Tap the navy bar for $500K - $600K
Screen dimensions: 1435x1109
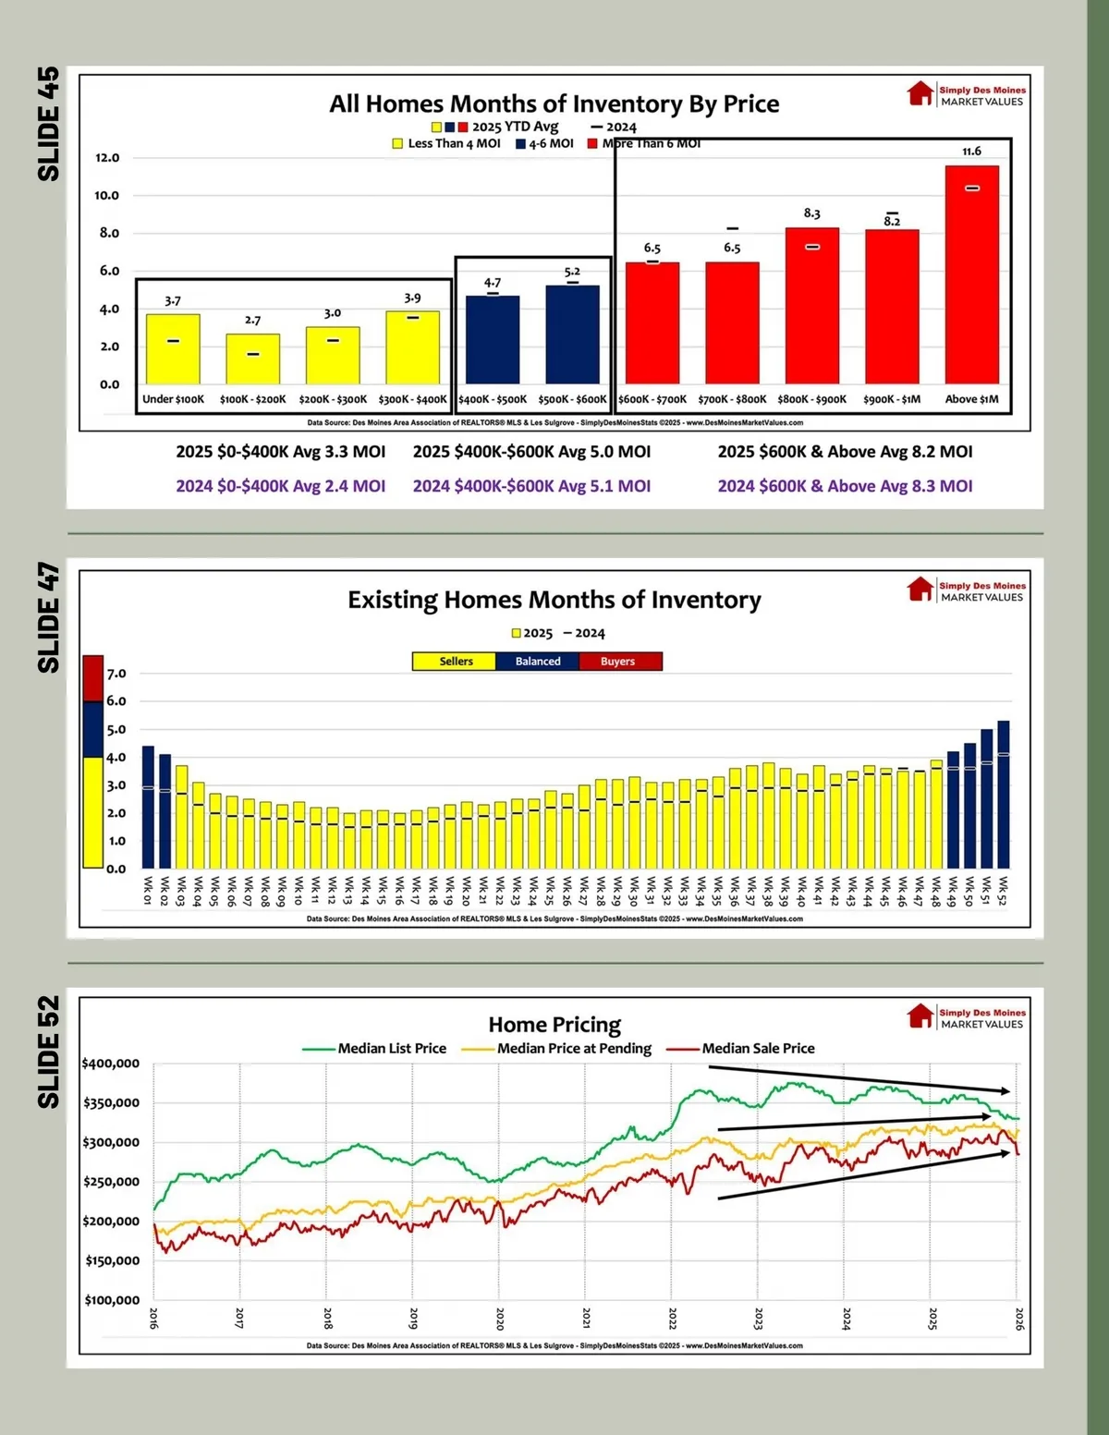572,334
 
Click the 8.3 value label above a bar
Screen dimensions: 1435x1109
811,213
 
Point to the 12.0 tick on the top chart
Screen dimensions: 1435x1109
107,158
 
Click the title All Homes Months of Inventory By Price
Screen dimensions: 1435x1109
554,103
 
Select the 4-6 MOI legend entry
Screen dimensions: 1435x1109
545,143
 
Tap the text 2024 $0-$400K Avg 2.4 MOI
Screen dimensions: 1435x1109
280,486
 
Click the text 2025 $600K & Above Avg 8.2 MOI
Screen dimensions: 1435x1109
845,452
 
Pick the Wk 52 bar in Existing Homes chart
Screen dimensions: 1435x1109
1003,795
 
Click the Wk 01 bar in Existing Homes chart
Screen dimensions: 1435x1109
148,807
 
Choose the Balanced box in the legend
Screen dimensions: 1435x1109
538,662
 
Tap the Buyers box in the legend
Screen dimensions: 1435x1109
618,662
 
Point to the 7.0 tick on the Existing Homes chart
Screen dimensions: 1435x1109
116,674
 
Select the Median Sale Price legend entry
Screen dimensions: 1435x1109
744,1049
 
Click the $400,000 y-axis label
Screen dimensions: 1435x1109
111,1064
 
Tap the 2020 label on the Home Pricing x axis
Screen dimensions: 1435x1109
500,1319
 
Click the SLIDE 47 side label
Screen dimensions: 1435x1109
48,617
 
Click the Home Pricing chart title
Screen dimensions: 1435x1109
554,1025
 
